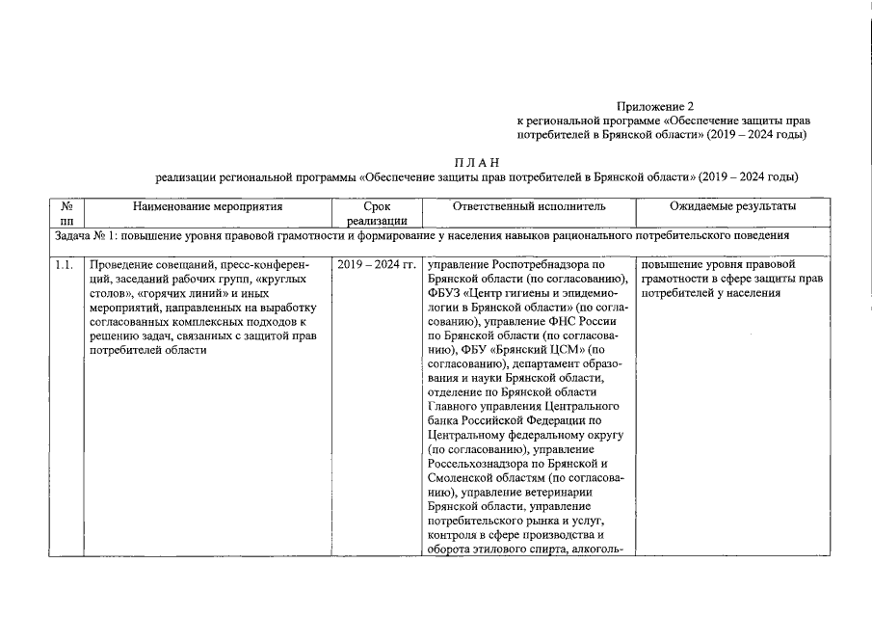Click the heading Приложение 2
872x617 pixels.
[x=654, y=106]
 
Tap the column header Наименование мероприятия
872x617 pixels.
[x=207, y=206]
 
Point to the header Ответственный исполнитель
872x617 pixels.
[x=529, y=206]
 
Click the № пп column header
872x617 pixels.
[x=66, y=214]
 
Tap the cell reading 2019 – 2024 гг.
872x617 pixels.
[x=377, y=264]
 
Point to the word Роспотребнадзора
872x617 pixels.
[x=540, y=264]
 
